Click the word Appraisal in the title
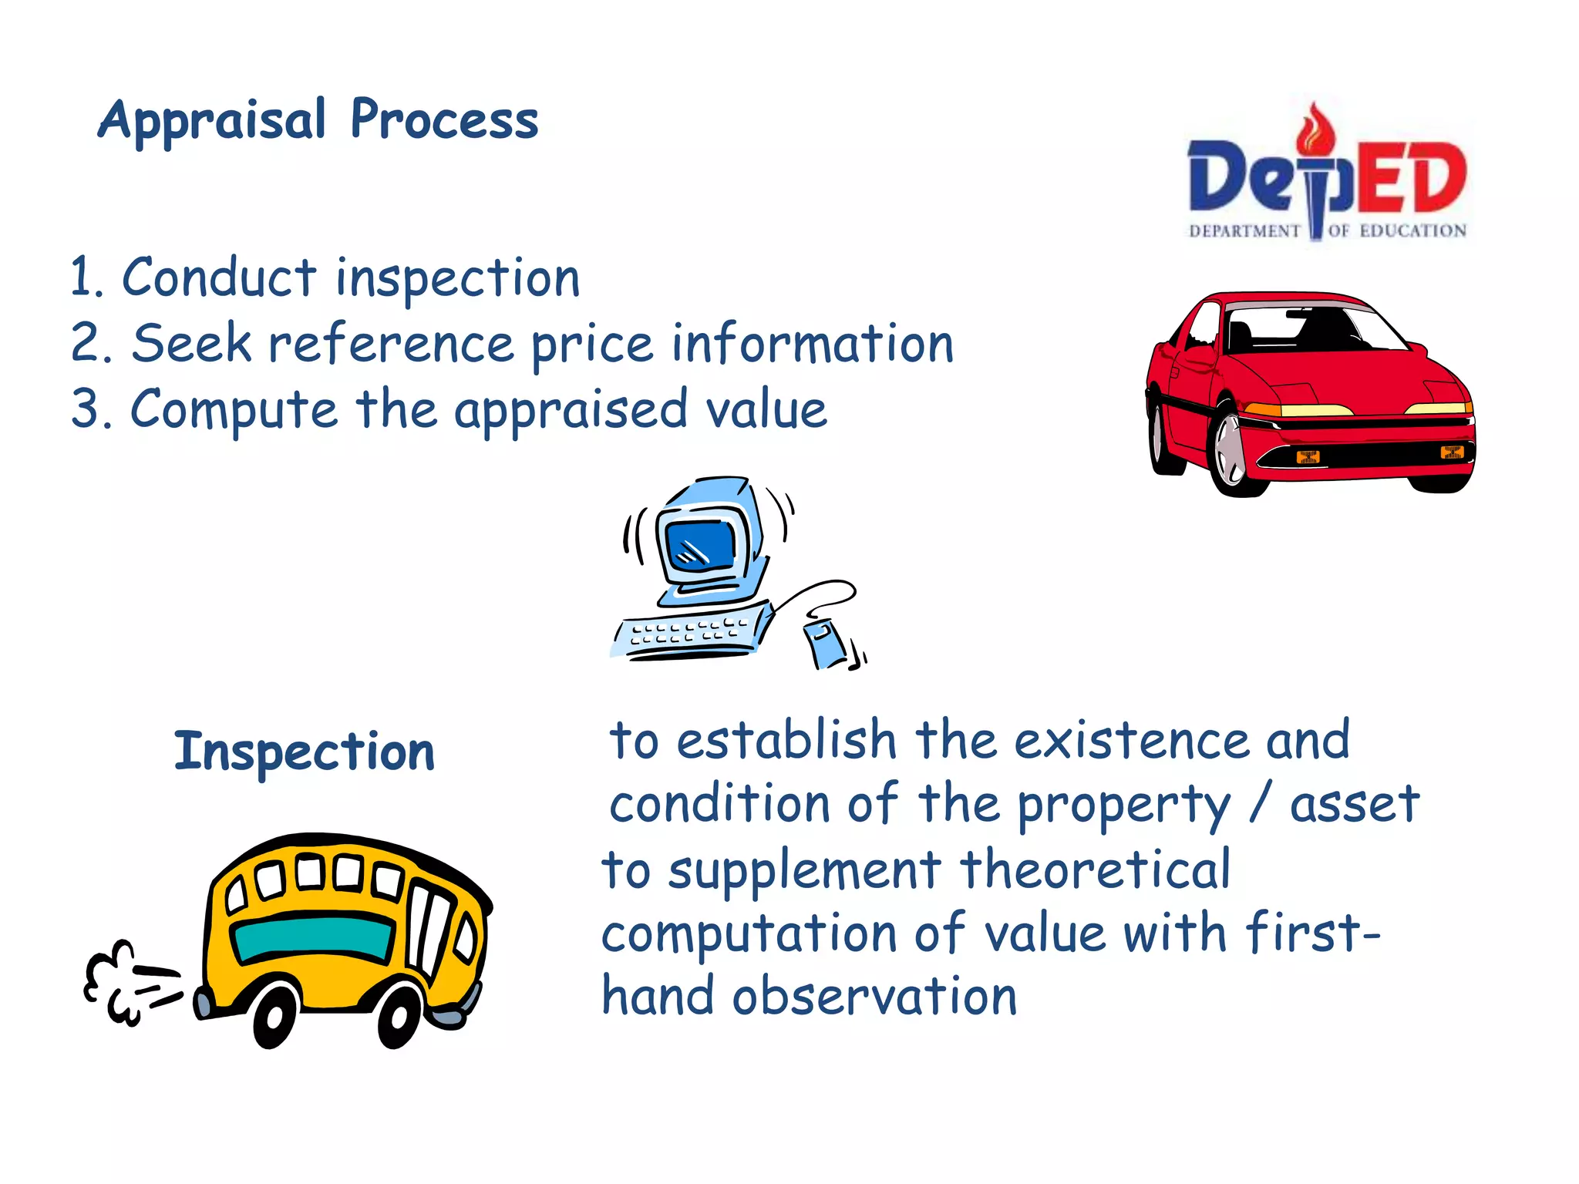212,122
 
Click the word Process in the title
444,122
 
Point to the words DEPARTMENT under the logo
1244,231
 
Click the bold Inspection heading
305,752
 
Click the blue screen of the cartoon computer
701,545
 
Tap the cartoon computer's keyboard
688,633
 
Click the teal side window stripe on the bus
313,937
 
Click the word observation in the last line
874,997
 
